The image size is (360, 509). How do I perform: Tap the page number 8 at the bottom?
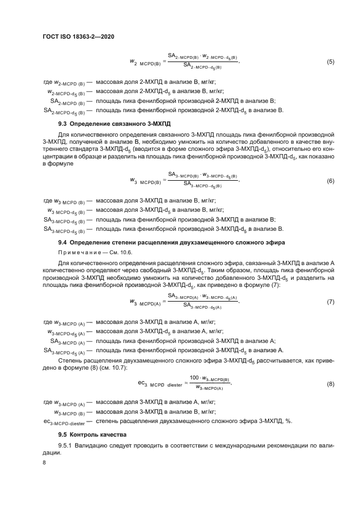(x=45, y=462)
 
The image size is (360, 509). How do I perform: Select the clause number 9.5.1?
(x=67, y=446)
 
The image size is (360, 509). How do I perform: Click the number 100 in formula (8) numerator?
(x=194, y=378)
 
